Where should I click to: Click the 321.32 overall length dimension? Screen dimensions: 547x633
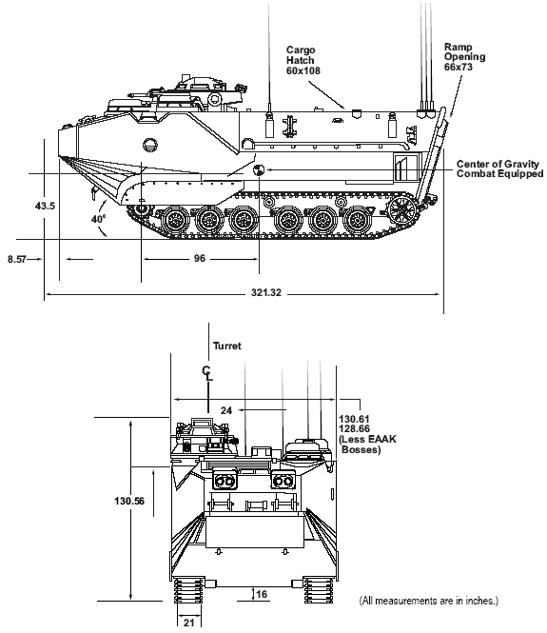(x=266, y=292)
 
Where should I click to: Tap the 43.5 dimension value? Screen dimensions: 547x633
(x=45, y=206)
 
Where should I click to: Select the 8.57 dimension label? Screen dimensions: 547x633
(x=16, y=259)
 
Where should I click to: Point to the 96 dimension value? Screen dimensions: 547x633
(x=199, y=258)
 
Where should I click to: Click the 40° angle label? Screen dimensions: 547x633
(x=98, y=219)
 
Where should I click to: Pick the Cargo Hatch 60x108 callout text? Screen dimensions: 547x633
(x=303, y=60)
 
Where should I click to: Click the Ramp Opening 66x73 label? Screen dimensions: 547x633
(x=464, y=57)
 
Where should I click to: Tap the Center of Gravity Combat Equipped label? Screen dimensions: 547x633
(x=499, y=168)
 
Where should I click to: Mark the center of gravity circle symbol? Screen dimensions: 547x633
(x=258, y=170)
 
